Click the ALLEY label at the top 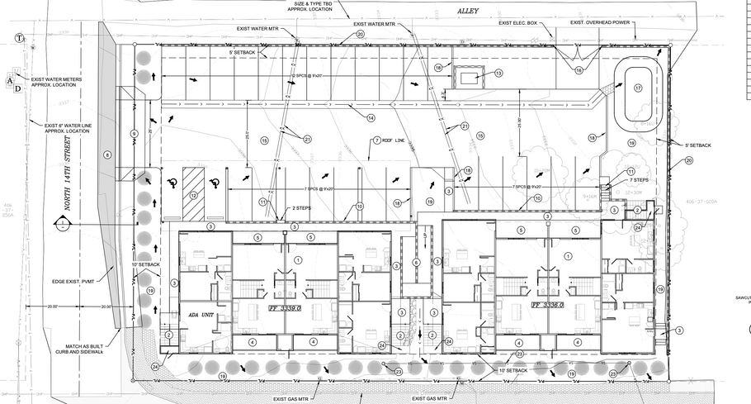(468, 11)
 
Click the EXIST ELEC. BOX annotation (517, 23)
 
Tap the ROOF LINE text (397, 140)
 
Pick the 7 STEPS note (640, 180)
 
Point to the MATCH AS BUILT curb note (86, 350)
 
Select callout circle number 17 (638, 88)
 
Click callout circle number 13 (498, 74)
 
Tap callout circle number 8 (106, 154)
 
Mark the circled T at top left (18, 37)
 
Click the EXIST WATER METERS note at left (56, 81)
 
